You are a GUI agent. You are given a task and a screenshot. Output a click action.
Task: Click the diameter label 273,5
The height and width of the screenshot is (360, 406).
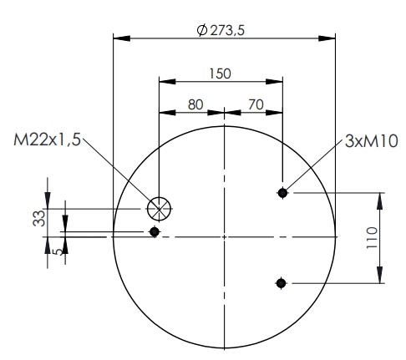pyautogui.click(x=227, y=30)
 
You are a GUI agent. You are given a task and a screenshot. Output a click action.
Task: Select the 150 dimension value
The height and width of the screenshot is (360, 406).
pyautogui.click(x=220, y=74)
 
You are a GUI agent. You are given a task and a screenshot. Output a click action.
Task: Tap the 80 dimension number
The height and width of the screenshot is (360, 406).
pyautogui.click(x=195, y=104)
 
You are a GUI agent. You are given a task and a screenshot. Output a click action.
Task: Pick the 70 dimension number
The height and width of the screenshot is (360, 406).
pyautogui.click(x=256, y=104)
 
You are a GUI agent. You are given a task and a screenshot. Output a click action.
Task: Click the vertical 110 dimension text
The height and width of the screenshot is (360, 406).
pyautogui.click(x=372, y=238)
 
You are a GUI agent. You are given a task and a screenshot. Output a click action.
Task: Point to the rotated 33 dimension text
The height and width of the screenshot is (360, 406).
pyautogui.click(x=38, y=218)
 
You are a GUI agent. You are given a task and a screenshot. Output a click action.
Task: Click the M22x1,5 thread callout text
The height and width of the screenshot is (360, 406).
pyautogui.click(x=47, y=139)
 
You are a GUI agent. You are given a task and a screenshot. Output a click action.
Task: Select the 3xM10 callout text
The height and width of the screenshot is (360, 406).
pyautogui.click(x=371, y=141)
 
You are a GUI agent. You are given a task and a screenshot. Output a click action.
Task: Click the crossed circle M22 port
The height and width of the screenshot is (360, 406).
pyautogui.click(x=159, y=209)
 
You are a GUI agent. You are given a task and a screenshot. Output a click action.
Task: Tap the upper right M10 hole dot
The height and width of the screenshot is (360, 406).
pyautogui.click(x=282, y=192)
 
